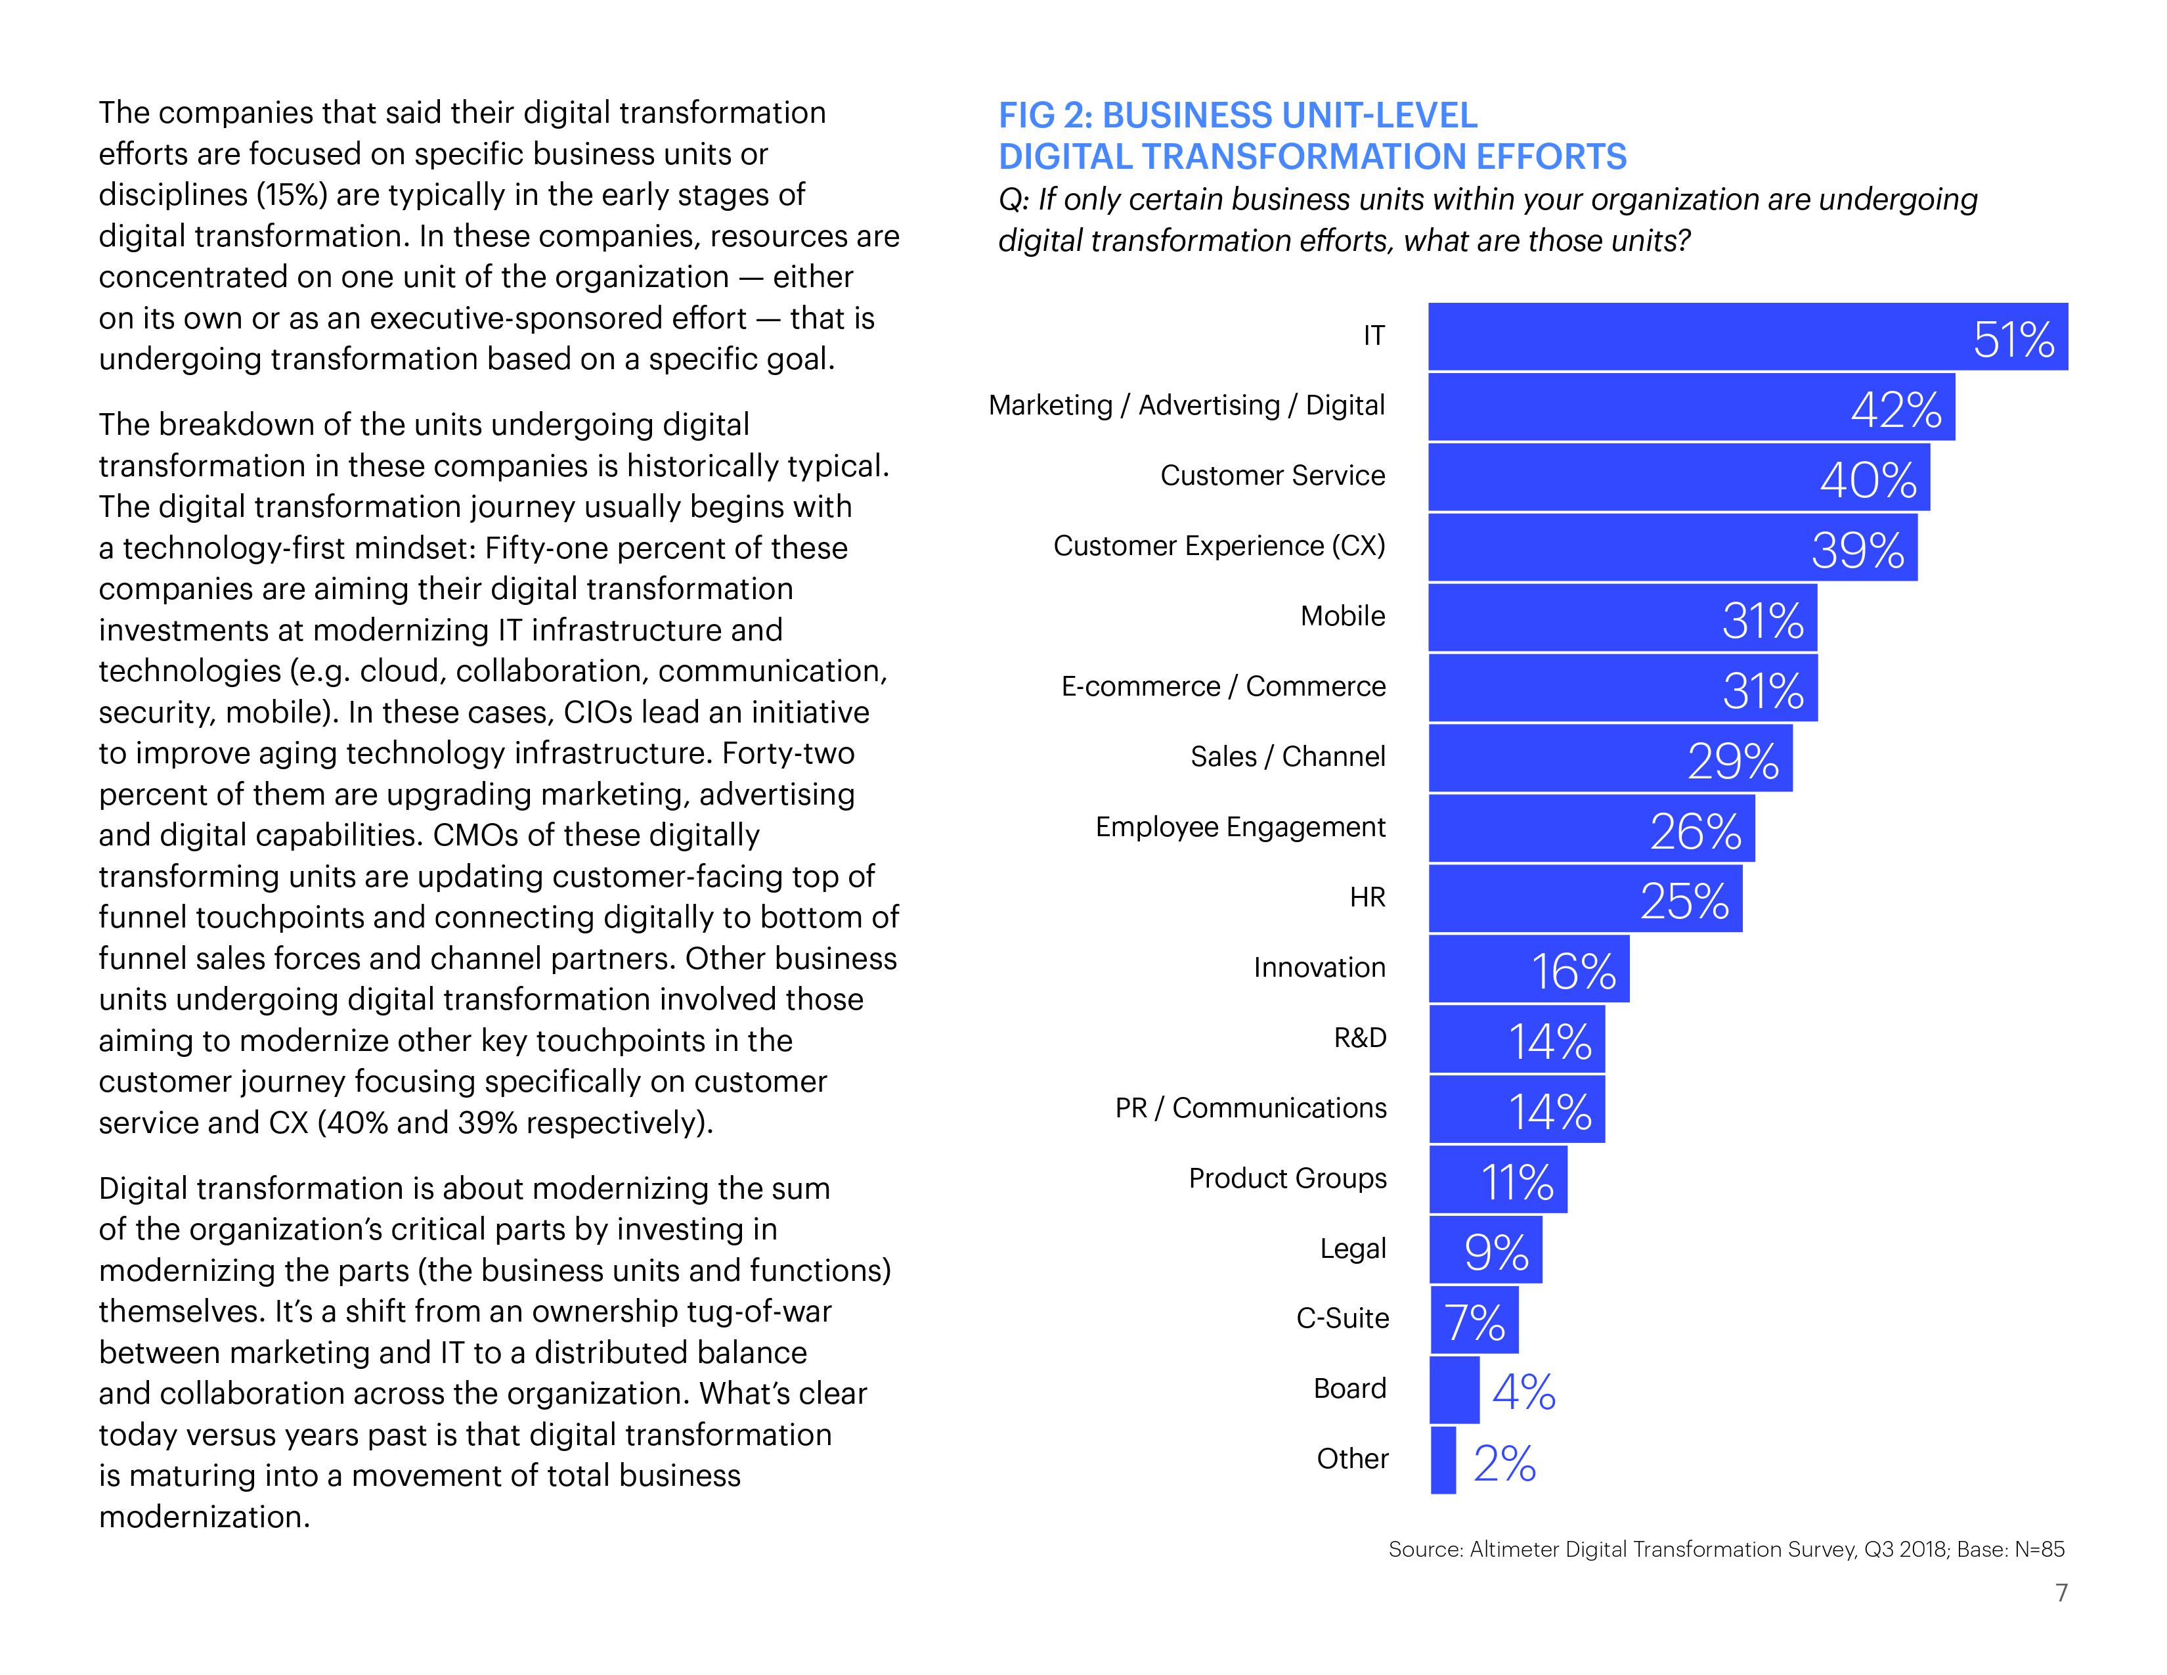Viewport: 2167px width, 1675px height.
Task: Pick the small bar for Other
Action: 1443,1460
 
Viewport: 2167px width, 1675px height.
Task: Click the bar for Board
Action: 1454,1389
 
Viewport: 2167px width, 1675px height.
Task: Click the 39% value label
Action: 1858,550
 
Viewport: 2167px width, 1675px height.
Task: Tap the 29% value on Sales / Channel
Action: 1732,761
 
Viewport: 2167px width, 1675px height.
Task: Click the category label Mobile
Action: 1342,616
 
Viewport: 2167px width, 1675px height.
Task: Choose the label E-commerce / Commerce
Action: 1223,686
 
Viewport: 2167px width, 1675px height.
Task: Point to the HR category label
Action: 1367,898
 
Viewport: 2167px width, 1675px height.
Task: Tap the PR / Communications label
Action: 1250,1108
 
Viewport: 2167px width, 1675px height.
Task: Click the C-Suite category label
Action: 1342,1319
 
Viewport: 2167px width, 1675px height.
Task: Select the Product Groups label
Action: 1287,1179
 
